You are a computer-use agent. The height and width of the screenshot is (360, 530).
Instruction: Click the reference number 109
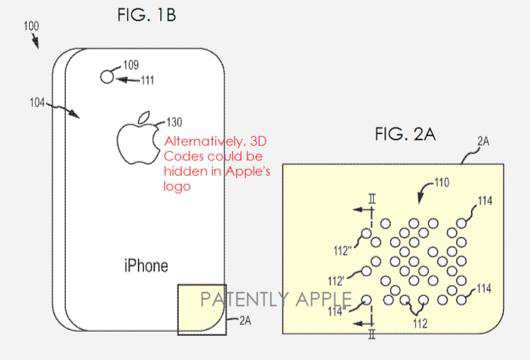pos(130,66)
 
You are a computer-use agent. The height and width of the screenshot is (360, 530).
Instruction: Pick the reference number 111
pos(147,80)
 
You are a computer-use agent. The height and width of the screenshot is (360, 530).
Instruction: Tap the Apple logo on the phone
pos(138,139)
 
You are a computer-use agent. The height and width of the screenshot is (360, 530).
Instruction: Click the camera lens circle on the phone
pos(105,76)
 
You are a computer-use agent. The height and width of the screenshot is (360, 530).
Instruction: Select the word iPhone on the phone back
pos(145,266)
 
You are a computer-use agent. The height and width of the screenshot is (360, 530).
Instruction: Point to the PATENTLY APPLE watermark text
pos(276,299)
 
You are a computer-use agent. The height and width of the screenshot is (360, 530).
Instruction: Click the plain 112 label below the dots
pos(421,322)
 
